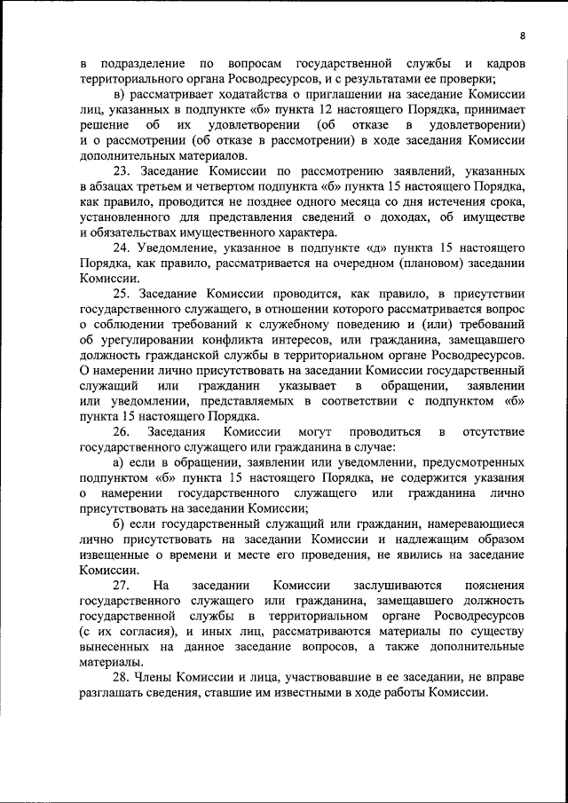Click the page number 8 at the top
coord(523,35)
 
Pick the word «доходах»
coord(421,217)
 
